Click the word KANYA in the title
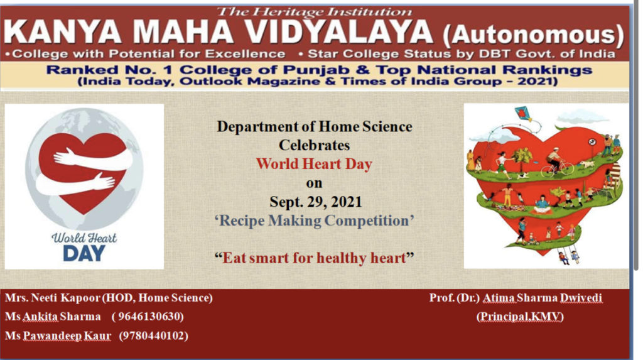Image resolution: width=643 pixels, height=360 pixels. (x=63, y=32)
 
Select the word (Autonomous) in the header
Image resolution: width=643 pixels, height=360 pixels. (x=534, y=35)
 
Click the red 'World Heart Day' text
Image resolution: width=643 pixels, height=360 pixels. (x=314, y=164)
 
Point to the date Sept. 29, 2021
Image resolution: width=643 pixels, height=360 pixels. (x=315, y=202)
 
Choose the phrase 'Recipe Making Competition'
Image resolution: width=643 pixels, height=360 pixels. (x=314, y=221)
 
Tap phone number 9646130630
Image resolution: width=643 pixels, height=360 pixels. (x=148, y=317)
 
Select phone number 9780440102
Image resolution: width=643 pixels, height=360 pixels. (x=154, y=335)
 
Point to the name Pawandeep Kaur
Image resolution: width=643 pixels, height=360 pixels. (x=67, y=335)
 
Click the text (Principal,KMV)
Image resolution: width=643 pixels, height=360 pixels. (x=520, y=317)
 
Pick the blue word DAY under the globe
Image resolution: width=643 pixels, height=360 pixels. (x=84, y=253)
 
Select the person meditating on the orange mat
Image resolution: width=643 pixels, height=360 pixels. (x=542, y=205)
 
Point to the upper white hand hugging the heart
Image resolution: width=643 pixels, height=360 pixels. (x=93, y=158)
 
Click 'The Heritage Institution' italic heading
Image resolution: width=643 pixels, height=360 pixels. (x=314, y=12)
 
